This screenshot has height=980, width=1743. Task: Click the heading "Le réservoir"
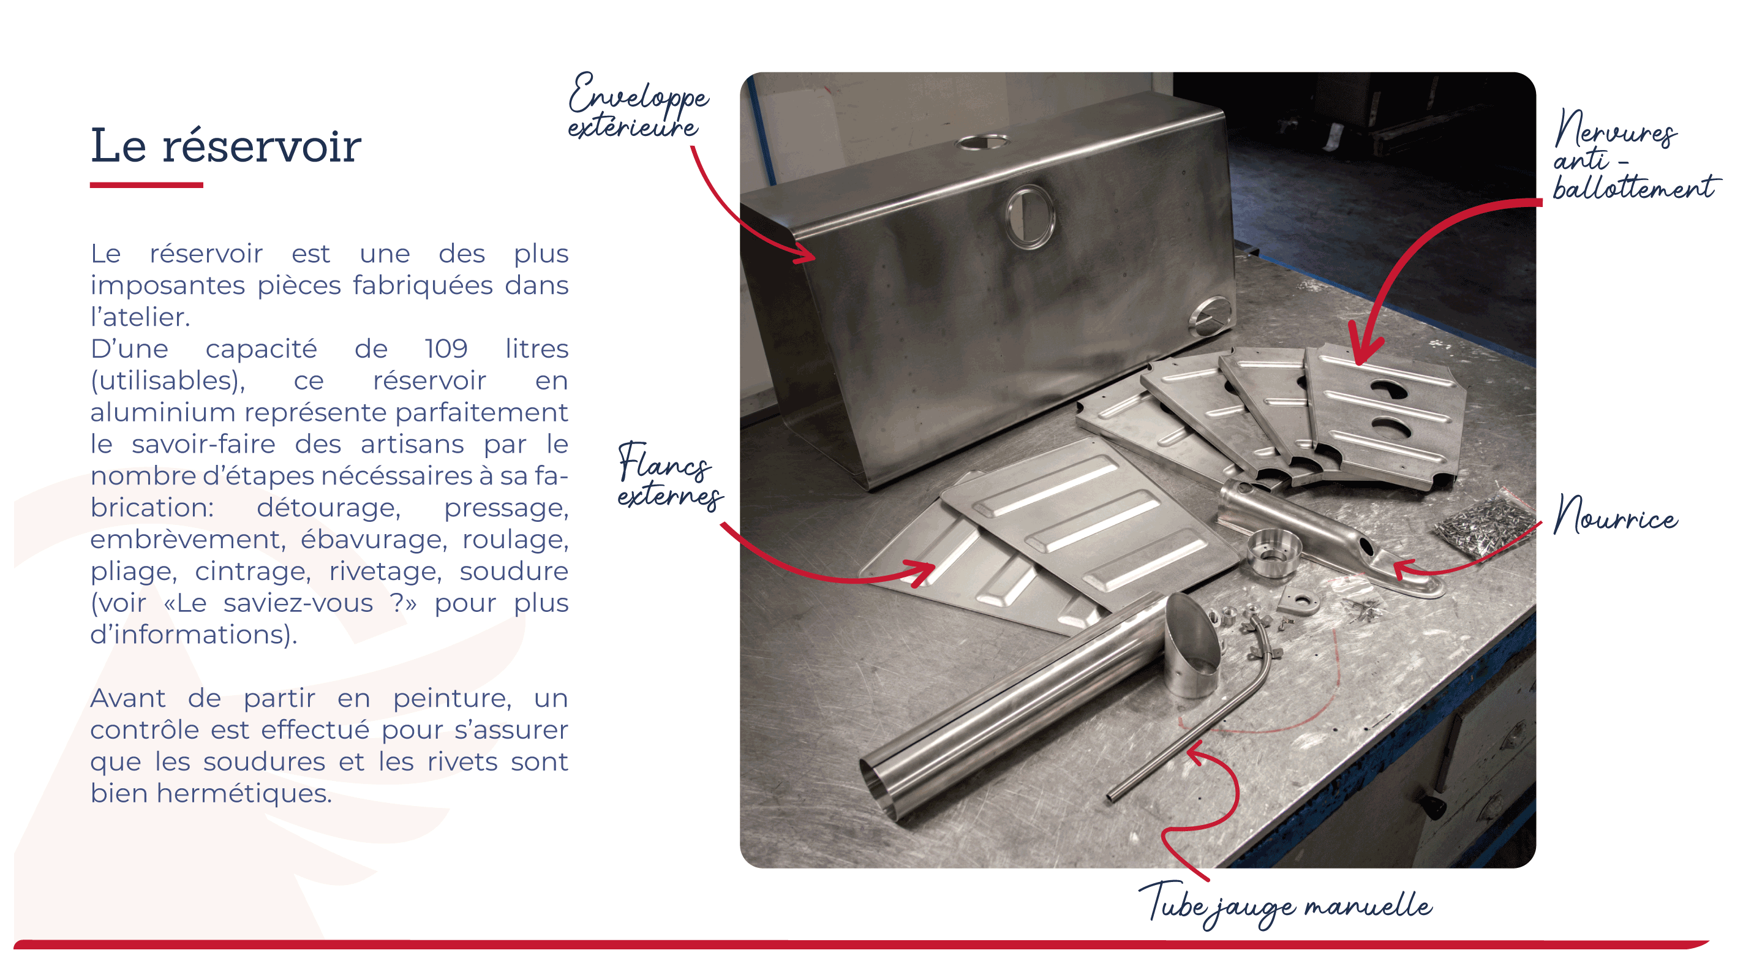click(x=226, y=146)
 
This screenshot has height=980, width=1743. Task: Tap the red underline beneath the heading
click(x=146, y=185)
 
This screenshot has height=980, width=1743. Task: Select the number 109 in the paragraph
click(x=446, y=349)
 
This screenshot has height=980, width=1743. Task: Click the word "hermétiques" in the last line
click(x=244, y=793)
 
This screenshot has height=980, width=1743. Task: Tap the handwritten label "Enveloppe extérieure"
click(x=638, y=106)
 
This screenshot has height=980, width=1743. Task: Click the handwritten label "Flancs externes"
click(x=670, y=476)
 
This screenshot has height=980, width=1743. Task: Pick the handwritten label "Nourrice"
click(x=1616, y=516)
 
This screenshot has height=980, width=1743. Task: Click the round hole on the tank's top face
click(x=982, y=142)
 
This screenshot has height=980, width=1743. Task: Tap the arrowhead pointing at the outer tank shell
click(x=807, y=252)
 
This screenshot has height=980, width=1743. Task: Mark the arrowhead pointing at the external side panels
click(x=922, y=573)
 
